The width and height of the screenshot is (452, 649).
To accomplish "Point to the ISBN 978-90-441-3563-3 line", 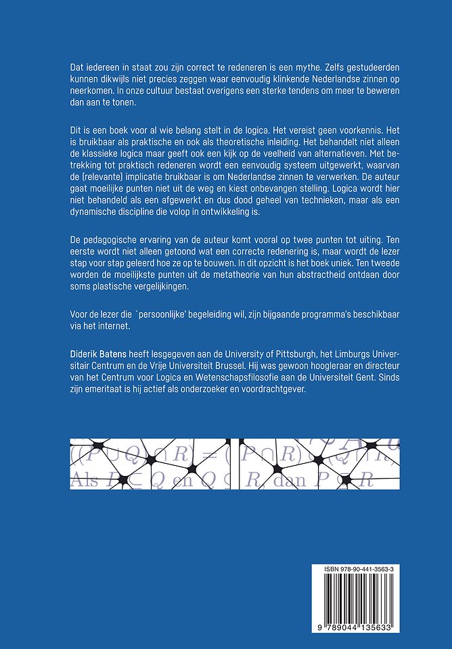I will coord(368,571).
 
